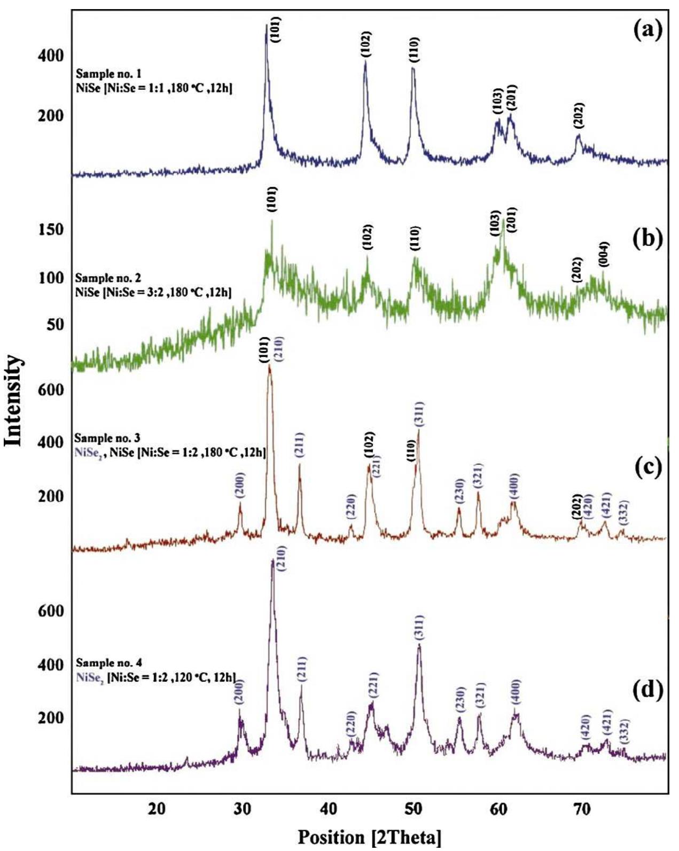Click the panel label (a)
647,30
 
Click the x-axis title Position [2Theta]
369,837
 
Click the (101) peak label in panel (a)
275,30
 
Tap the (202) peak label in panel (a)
579,115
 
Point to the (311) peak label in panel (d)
419,628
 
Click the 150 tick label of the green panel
51,230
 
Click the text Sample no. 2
108,278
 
